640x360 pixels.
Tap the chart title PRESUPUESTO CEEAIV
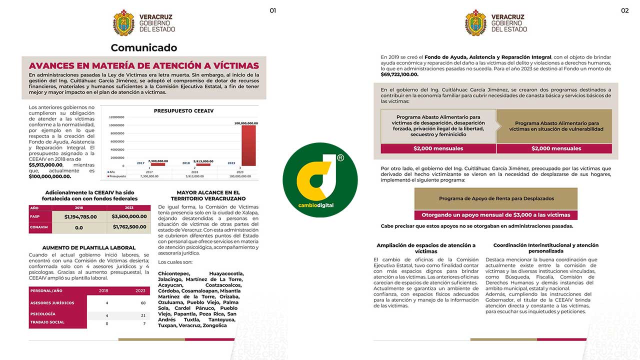pyautogui.click(x=183, y=110)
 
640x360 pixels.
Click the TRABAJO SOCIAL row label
pyautogui.click(x=47, y=322)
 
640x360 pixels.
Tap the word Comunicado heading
pyautogui.click(x=144, y=48)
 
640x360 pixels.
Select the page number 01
pyautogui.click(x=272, y=10)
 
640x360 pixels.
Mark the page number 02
pyautogui.click(x=624, y=10)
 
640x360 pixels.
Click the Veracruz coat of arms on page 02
pyautogui.click(x=475, y=23)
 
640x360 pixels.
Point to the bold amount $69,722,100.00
pyautogui.click(x=399, y=74)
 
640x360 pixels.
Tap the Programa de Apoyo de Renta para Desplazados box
pyautogui.click(x=496, y=198)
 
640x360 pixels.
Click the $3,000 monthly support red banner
pyautogui.click(x=496, y=215)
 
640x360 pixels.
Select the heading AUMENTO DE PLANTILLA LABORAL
pyautogui.click(x=89, y=248)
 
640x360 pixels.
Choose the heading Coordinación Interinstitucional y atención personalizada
pyautogui.click(x=545, y=248)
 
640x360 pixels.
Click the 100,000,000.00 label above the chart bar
pyautogui.click(x=246, y=123)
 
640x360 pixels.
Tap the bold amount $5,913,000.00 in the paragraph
pyautogui.click(x=45, y=164)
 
